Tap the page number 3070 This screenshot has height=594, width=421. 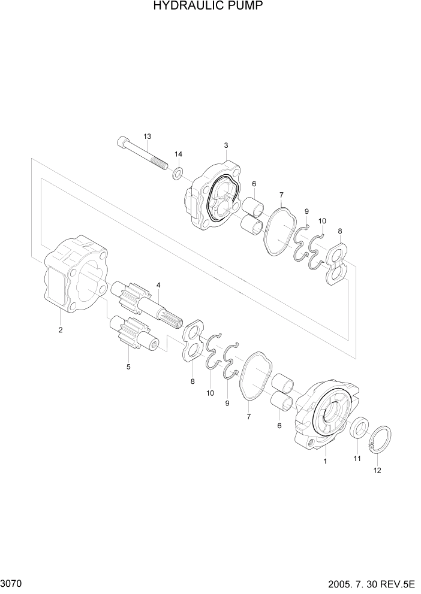click(x=13, y=583)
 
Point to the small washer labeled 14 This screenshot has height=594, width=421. click(x=178, y=174)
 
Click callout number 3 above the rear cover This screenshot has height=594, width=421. click(x=225, y=145)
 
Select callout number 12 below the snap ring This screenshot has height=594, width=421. click(x=377, y=471)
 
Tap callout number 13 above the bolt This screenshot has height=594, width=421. click(x=148, y=136)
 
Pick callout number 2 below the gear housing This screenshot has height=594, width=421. click(x=60, y=329)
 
